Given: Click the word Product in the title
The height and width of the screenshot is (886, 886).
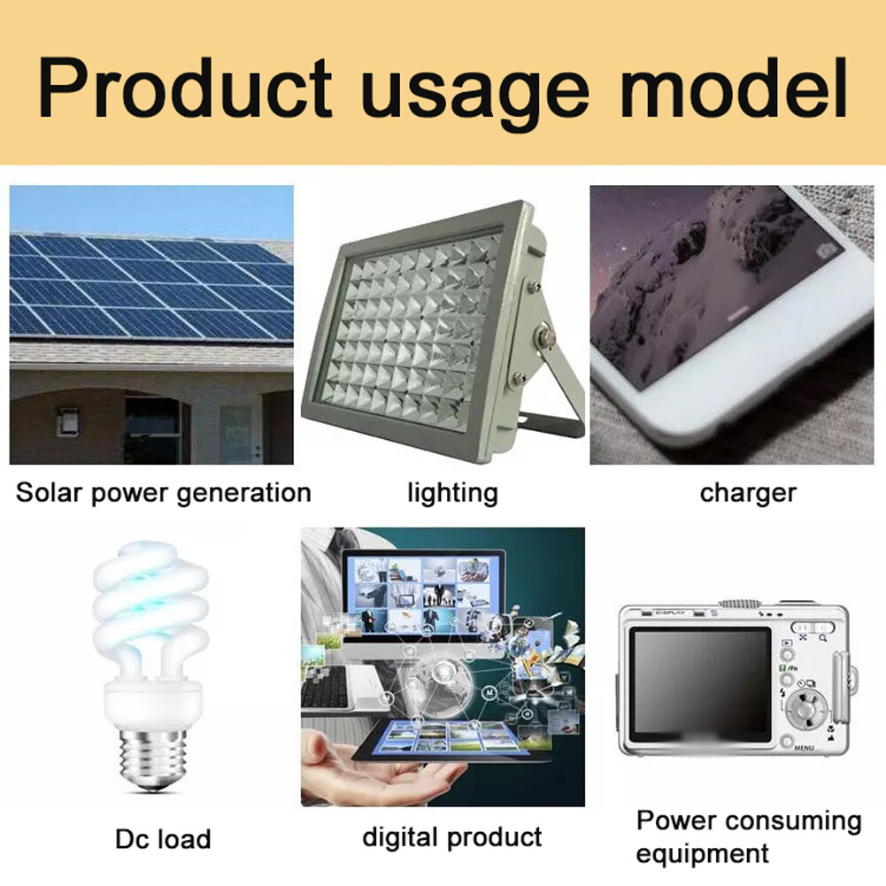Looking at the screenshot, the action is pyautogui.click(x=184, y=89).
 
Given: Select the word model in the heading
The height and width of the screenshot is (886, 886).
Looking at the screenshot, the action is pyautogui.click(x=734, y=88).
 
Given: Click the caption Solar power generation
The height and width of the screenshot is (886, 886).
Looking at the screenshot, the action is pyautogui.click(x=163, y=493).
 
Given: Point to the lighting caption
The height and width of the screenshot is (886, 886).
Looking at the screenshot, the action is pyautogui.click(x=452, y=493).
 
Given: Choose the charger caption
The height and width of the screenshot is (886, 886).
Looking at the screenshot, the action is pyautogui.click(x=748, y=493).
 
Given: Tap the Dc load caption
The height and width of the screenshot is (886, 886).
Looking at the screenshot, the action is pyautogui.click(x=163, y=838).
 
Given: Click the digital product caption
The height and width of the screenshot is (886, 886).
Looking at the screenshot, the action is pyautogui.click(x=452, y=837).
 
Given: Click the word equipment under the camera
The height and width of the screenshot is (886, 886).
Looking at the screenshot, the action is pyautogui.click(x=702, y=853).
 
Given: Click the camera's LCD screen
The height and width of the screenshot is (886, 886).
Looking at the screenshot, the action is pyautogui.click(x=701, y=684).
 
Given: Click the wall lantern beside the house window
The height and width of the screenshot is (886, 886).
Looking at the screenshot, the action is pyautogui.click(x=68, y=420).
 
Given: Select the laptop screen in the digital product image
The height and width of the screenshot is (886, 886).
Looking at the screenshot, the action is pyautogui.click(x=424, y=596).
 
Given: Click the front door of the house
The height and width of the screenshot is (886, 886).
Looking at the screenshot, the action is pyautogui.click(x=237, y=434).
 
